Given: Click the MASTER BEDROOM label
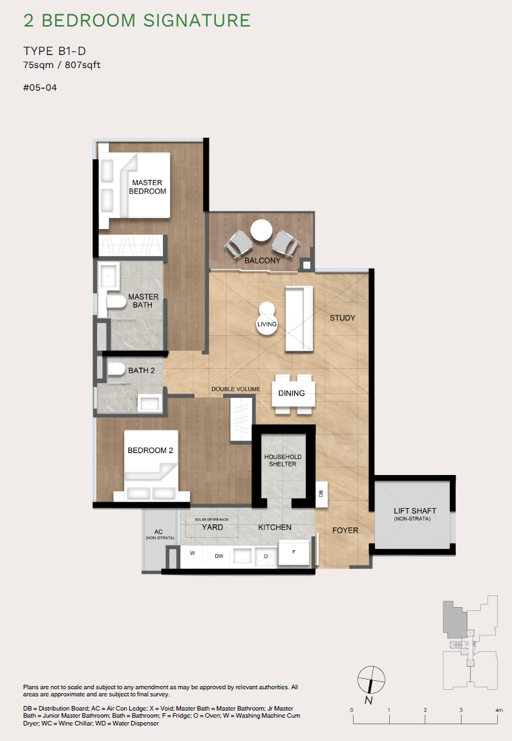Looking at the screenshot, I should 147,187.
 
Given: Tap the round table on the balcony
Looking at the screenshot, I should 262,231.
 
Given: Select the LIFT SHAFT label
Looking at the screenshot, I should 414,514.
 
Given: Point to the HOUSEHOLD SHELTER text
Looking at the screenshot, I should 283,460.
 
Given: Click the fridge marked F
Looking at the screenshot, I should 293,552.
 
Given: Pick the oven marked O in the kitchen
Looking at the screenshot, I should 265,555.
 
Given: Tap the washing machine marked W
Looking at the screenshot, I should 192,555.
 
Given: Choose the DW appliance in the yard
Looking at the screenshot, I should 219,555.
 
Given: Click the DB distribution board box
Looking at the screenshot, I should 321,493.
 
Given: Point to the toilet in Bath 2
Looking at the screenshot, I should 116,370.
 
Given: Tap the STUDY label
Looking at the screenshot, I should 343,318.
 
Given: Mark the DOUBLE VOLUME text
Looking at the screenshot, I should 236,389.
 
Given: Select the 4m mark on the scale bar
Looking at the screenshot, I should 498,711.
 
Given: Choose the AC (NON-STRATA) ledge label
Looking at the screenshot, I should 158,535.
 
